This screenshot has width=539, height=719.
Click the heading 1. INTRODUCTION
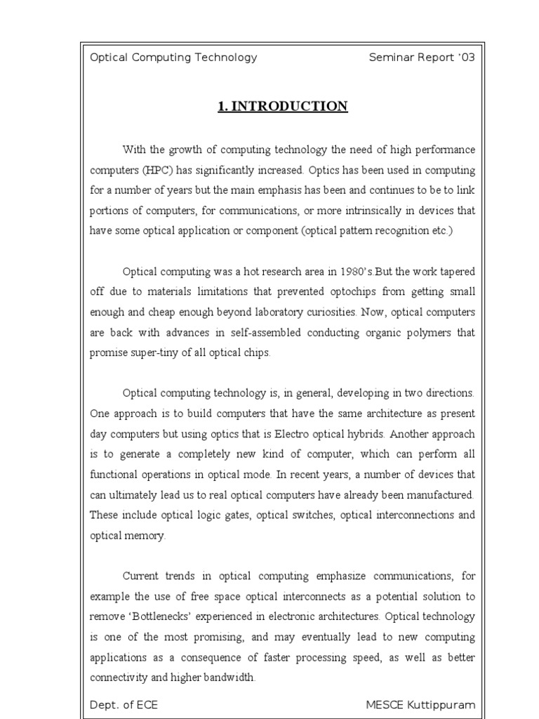click(282, 107)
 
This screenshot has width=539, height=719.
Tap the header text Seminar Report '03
click(422, 58)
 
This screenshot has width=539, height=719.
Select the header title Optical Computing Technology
click(173, 58)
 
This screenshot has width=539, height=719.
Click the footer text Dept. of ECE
click(124, 705)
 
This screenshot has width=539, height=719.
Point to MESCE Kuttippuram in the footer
click(420, 705)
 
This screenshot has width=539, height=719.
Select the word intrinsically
click(389, 211)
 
